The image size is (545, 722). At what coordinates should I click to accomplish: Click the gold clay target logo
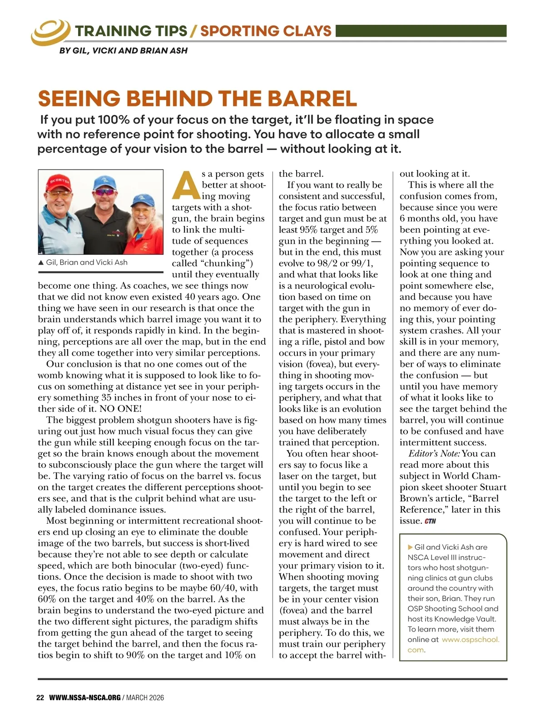coord(50,31)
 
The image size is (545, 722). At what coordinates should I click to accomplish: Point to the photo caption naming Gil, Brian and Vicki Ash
coord(86,262)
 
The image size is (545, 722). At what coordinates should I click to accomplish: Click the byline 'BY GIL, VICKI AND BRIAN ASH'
coord(124,51)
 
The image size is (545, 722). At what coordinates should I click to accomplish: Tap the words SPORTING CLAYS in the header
coord(266,31)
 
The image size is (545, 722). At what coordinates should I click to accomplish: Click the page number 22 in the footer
coord(40,697)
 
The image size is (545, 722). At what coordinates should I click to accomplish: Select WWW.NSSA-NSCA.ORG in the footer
coord(85,697)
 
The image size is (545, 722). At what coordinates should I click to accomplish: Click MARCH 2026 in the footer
coord(145,697)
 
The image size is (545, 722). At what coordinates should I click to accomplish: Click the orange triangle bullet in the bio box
coord(411,547)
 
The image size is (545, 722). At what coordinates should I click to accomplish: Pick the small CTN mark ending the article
coord(430,521)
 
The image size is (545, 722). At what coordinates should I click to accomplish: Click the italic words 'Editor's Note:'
coord(434,453)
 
